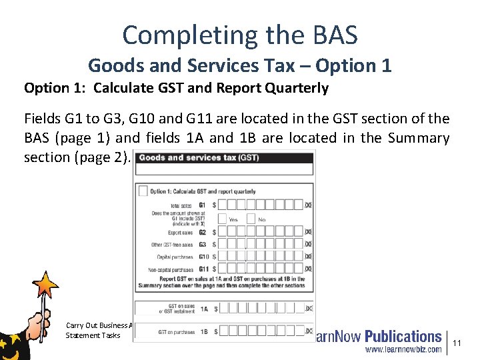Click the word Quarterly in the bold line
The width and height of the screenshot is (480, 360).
(x=295, y=88)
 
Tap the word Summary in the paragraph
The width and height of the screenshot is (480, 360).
(x=417, y=138)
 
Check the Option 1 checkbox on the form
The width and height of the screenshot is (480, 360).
(x=143, y=191)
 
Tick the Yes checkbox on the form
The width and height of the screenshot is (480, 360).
(x=223, y=218)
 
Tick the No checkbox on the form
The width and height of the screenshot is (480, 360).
(x=251, y=218)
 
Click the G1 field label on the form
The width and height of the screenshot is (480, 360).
(x=202, y=205)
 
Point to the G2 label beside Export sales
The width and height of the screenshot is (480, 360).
(x=202, y=232)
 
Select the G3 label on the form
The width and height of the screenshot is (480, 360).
(x=202, y=244)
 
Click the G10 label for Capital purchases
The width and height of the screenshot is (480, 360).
(x=203, y=256)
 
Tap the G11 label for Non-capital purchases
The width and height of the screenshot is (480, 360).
(x=203, y=269)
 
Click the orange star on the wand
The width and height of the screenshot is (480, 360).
(x=46, y=285)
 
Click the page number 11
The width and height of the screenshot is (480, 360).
(x=457, y=343)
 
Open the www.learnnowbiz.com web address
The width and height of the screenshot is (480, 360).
(x=402, y=349)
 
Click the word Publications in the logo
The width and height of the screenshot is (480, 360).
(x=403, y=337)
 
